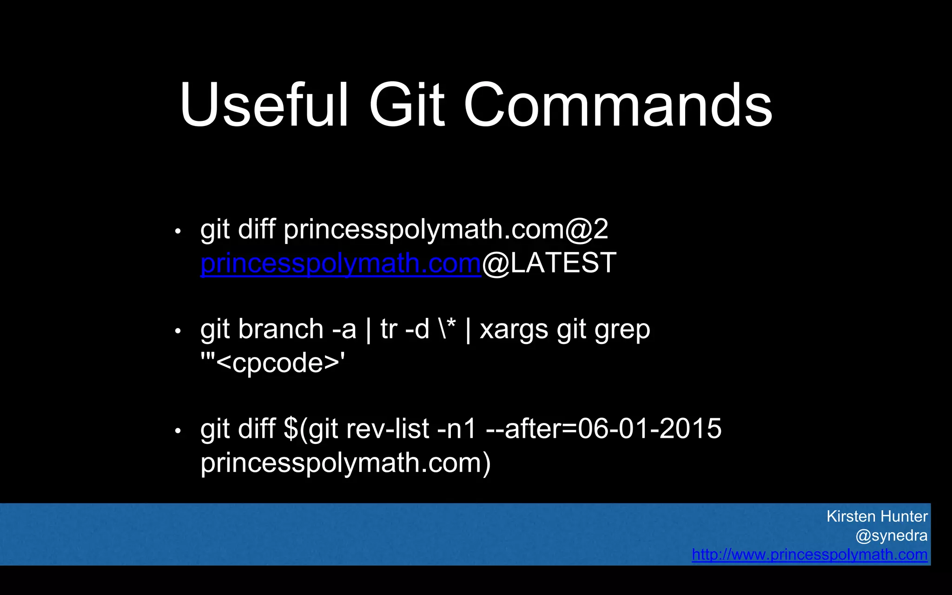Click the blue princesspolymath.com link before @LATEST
(340, 264)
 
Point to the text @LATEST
(549, 263)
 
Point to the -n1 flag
(457, 429)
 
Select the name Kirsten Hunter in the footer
(877, 516)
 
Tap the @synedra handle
(891, 535)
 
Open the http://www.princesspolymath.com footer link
(809, 555)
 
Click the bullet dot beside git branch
(178, 331)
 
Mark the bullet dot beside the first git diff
(178, 231)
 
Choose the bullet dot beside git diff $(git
(178, 431)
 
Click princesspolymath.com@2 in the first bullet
(445, 230)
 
